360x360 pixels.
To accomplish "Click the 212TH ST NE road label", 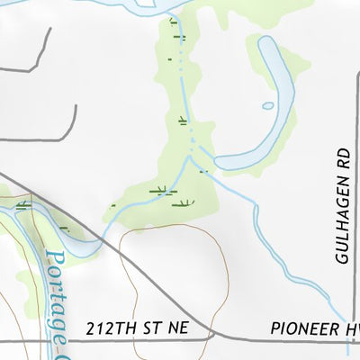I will click(137, 329).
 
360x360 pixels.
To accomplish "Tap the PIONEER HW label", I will click(314, 329).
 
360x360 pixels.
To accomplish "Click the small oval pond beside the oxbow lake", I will click(268, 105).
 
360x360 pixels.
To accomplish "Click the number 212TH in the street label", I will click(109, 329).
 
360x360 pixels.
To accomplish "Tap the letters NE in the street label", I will click(177, 329).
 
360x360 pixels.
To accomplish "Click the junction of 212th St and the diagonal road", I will click(214, 337).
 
